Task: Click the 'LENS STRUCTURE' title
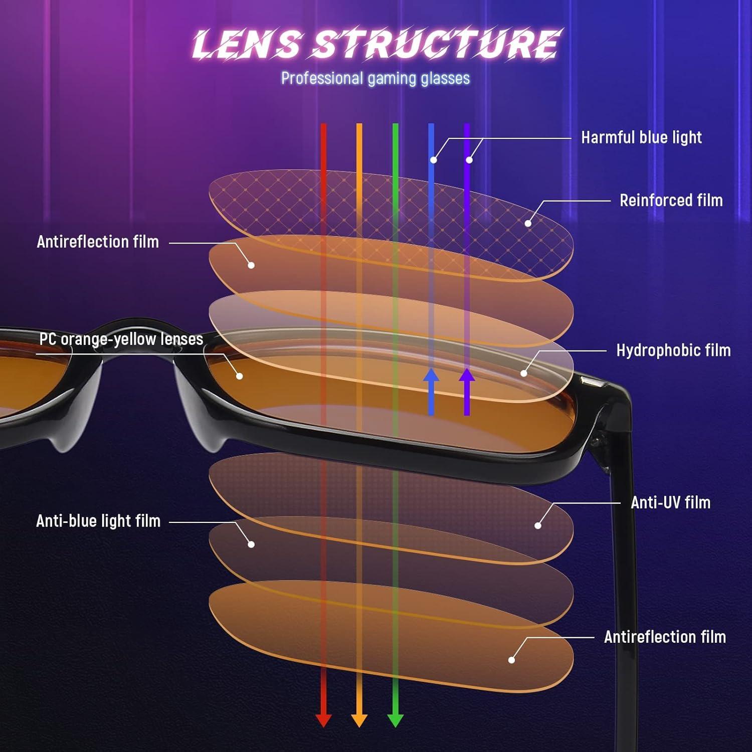pos(376,44)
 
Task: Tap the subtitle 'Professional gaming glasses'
pos(375,78)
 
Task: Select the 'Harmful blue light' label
pos(641,137)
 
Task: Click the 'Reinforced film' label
pos(671,201)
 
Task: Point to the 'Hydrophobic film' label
pos(673,350)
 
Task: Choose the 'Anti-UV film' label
pos(670,502)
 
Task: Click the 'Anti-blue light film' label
pos(98,521)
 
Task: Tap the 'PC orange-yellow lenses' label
pos(121,339)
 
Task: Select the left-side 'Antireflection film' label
pos(98,242)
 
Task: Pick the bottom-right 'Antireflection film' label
pos(665,637)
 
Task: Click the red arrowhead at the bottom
pos(323,719)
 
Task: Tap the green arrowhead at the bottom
pos(396,719)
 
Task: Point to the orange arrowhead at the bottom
pos(359,719)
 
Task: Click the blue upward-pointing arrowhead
pos(431,377)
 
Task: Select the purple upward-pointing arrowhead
pos(467,377)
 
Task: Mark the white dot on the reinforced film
pos(528,223)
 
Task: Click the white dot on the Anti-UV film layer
pos(538,525)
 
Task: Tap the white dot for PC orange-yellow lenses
pos(240,376)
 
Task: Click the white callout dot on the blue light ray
pos(434,160)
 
